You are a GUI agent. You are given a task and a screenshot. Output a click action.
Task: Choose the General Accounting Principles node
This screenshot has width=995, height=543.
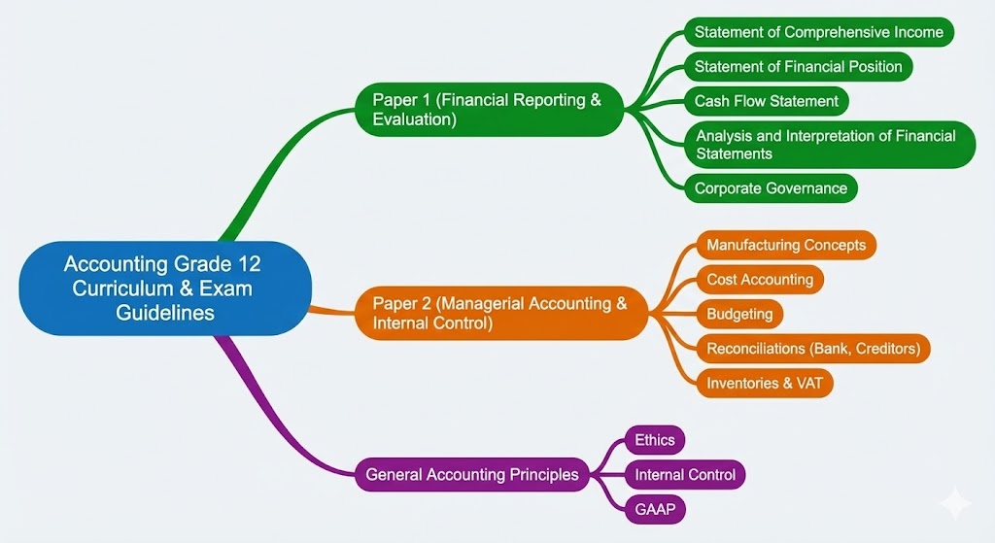[472, 475]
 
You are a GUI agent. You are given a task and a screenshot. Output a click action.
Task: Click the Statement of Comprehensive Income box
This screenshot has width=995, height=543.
[818, 32]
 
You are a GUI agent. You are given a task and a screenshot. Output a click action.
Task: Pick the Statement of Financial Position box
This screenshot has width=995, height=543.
[799, 67]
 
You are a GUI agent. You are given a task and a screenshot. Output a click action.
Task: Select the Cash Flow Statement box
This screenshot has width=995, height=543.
[767, 101]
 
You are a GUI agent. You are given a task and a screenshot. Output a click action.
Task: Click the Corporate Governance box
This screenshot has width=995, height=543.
[772, 188]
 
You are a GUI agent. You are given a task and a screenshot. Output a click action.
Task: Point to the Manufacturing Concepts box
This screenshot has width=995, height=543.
[786, 245]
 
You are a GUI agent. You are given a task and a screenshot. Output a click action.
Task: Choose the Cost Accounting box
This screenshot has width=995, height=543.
[760, 280]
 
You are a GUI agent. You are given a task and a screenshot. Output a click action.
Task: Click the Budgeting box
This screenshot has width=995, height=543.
[740, 314]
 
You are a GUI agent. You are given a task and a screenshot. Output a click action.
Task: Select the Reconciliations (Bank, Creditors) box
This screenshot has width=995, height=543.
[813, 348]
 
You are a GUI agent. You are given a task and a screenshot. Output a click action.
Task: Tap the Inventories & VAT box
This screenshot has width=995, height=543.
[765, 383]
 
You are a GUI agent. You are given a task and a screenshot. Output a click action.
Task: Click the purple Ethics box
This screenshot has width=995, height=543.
[655, 440]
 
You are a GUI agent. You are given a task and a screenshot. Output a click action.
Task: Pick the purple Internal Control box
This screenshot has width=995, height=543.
[685, 475]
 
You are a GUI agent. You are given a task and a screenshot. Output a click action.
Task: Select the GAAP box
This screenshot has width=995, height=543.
[654, 509]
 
